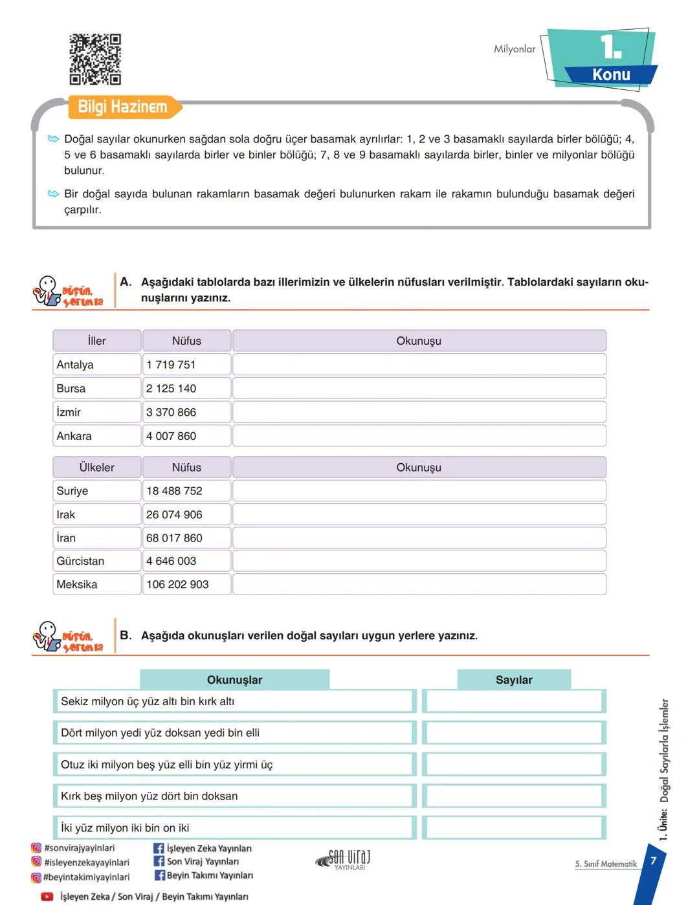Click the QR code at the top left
(95, 60)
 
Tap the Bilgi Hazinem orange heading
(122, 107)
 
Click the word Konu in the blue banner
(611, 75)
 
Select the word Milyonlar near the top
(515, 49)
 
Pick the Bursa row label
(71, 389)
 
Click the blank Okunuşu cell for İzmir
(419, 412)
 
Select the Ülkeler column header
(96, 467)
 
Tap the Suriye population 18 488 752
(174, 491)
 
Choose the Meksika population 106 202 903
(177, 584)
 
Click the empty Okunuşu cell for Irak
(419, 514)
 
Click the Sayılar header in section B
(514, 680)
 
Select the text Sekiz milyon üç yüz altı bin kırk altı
(148, 701)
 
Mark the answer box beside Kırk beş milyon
(514, 796)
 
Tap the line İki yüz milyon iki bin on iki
(125, 828)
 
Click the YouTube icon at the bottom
(47, 897)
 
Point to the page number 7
(654, 860)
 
